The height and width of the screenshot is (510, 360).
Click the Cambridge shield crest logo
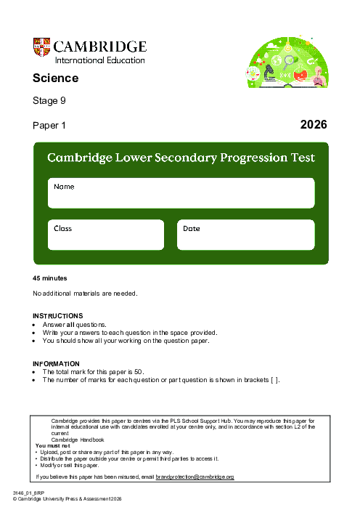(42, 47)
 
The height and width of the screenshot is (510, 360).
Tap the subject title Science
(55, 78)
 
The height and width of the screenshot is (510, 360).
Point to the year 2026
(314, 125)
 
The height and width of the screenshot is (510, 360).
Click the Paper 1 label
(49, 126)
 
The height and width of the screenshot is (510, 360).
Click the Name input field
(181, 193)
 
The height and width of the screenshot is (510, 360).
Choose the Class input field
(106, 235)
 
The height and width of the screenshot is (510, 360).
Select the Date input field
(245, 235)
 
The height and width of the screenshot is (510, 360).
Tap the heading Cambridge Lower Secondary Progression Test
(181, 158)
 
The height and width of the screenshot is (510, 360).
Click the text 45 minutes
(50, 278)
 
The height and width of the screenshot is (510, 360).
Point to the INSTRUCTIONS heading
(58, 316)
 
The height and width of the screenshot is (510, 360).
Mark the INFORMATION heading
(57, 363)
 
